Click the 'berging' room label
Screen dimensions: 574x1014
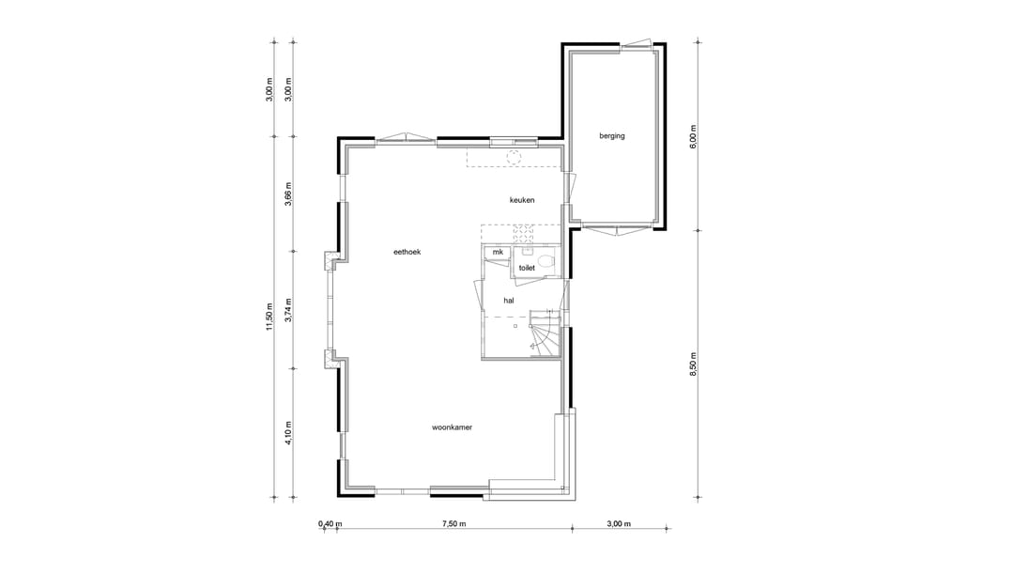tap(612, 136)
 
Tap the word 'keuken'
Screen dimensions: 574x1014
tap(522, 200)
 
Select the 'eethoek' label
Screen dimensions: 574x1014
tap(407, 252)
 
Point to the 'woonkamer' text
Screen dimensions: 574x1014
tap(452, 427)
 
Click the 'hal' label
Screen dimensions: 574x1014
tap(509, 301)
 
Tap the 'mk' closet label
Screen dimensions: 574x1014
tap(498, 253)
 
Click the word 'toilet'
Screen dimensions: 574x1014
tap(527, 268)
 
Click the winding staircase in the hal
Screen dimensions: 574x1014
tap(545, 334)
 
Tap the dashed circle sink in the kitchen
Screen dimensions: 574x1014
tap(514, 158)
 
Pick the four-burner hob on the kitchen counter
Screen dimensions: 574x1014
tap(523, 232)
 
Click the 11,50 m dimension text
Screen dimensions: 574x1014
tap(269, 316)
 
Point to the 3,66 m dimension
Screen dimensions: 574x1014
tap(288, 193)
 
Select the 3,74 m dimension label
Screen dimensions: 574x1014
tap(288, 310)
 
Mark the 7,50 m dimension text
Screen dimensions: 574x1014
tap(453, 524)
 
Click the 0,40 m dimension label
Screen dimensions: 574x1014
tap(330, 524)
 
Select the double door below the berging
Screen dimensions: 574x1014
tap(615, 228)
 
